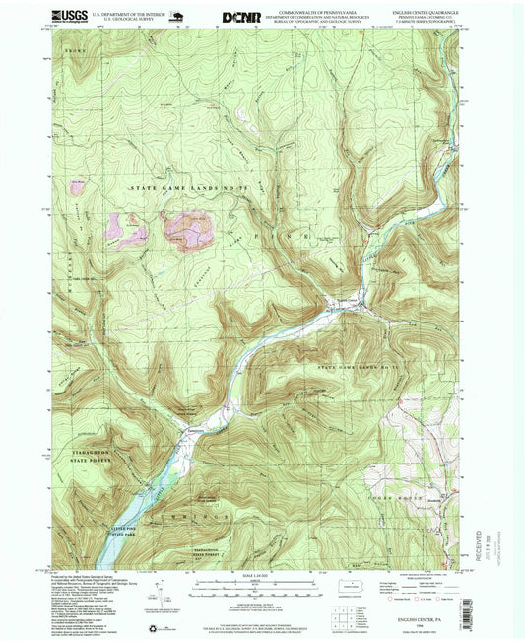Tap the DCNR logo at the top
coord(240,16)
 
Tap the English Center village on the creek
coord(345,303)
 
